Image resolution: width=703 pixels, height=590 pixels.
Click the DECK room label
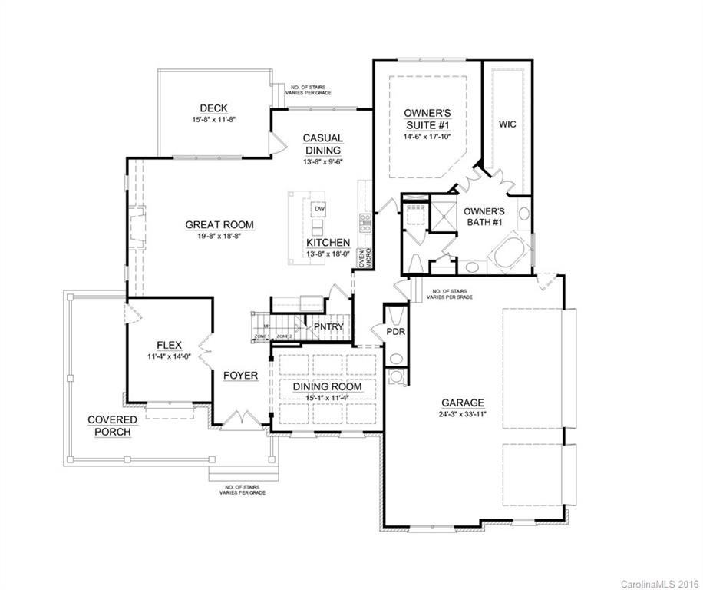tap(213, 108)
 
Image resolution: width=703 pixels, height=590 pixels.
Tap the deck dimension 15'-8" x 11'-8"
tap(213, 120)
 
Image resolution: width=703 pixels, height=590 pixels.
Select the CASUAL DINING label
tap(322, 144)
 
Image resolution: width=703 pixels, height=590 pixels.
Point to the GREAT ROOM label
tap(219, 225)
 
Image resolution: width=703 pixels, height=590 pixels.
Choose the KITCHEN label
tap(328, 242)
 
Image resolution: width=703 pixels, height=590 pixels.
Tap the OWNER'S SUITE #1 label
tap(427, 119)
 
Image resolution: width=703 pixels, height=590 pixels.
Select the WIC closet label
tap(507, 124)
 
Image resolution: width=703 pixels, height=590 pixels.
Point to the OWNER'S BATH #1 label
tap(485, 217)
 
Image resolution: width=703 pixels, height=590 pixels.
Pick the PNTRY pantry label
tap(328, 326)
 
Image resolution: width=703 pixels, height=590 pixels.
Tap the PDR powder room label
tap(396, 332)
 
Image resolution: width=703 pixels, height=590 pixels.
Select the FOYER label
tap(240, 375)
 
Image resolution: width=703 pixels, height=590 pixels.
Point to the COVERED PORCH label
tap(112, 426)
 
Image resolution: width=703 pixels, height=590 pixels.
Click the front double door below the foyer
tap(243, 419)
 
